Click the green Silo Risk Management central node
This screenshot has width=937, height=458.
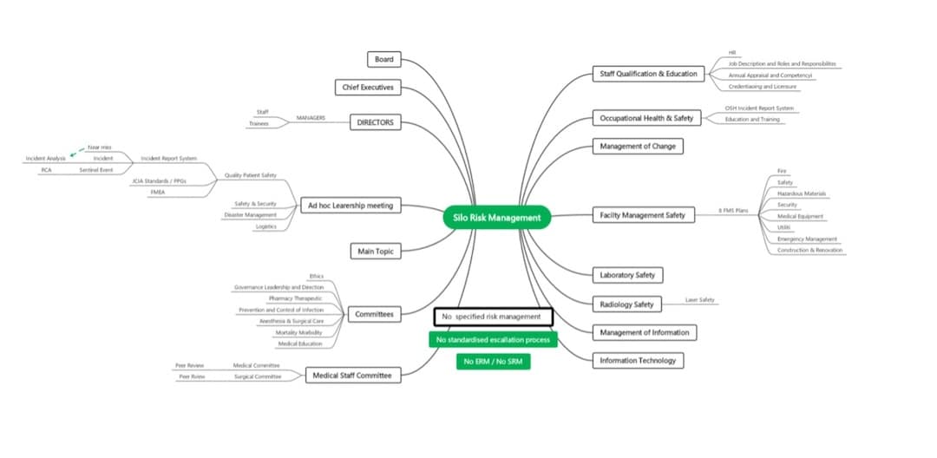(497, 218)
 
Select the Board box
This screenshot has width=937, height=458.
(383, 60)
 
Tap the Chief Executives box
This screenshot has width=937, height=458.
(368, 88)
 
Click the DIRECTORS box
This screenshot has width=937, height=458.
(376, 122)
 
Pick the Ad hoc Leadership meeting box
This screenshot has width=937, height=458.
(350, 206)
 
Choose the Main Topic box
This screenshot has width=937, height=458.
(376, 252)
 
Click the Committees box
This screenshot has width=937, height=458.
(374, 314)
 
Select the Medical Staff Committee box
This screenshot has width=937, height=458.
(352, 376)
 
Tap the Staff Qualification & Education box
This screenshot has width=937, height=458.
(649, 74)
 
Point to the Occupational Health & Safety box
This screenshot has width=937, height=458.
(646, 118)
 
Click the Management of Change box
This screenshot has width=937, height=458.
(637, 146)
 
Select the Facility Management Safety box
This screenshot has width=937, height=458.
(643, 214)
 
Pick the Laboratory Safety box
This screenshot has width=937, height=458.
(627, 275)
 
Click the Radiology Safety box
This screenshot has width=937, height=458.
(626, 304)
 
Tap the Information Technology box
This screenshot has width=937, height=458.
(638, 360)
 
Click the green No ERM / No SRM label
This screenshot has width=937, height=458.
(493, 361)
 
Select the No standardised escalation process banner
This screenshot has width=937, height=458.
(493, 339)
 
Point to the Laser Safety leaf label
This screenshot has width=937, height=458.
(699, 300)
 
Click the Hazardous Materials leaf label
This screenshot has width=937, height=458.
(802, 193)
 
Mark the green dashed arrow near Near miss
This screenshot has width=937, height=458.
(78, 152)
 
